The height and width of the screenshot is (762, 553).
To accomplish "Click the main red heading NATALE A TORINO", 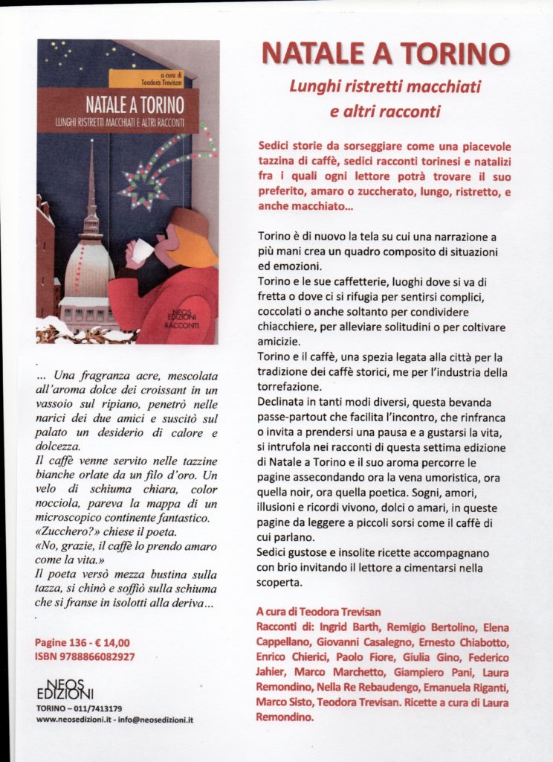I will (x=386, y=54).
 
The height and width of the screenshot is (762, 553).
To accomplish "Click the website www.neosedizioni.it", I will (x=69, y=720).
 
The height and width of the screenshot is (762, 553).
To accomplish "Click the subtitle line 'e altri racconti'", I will (x=385, y=112).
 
